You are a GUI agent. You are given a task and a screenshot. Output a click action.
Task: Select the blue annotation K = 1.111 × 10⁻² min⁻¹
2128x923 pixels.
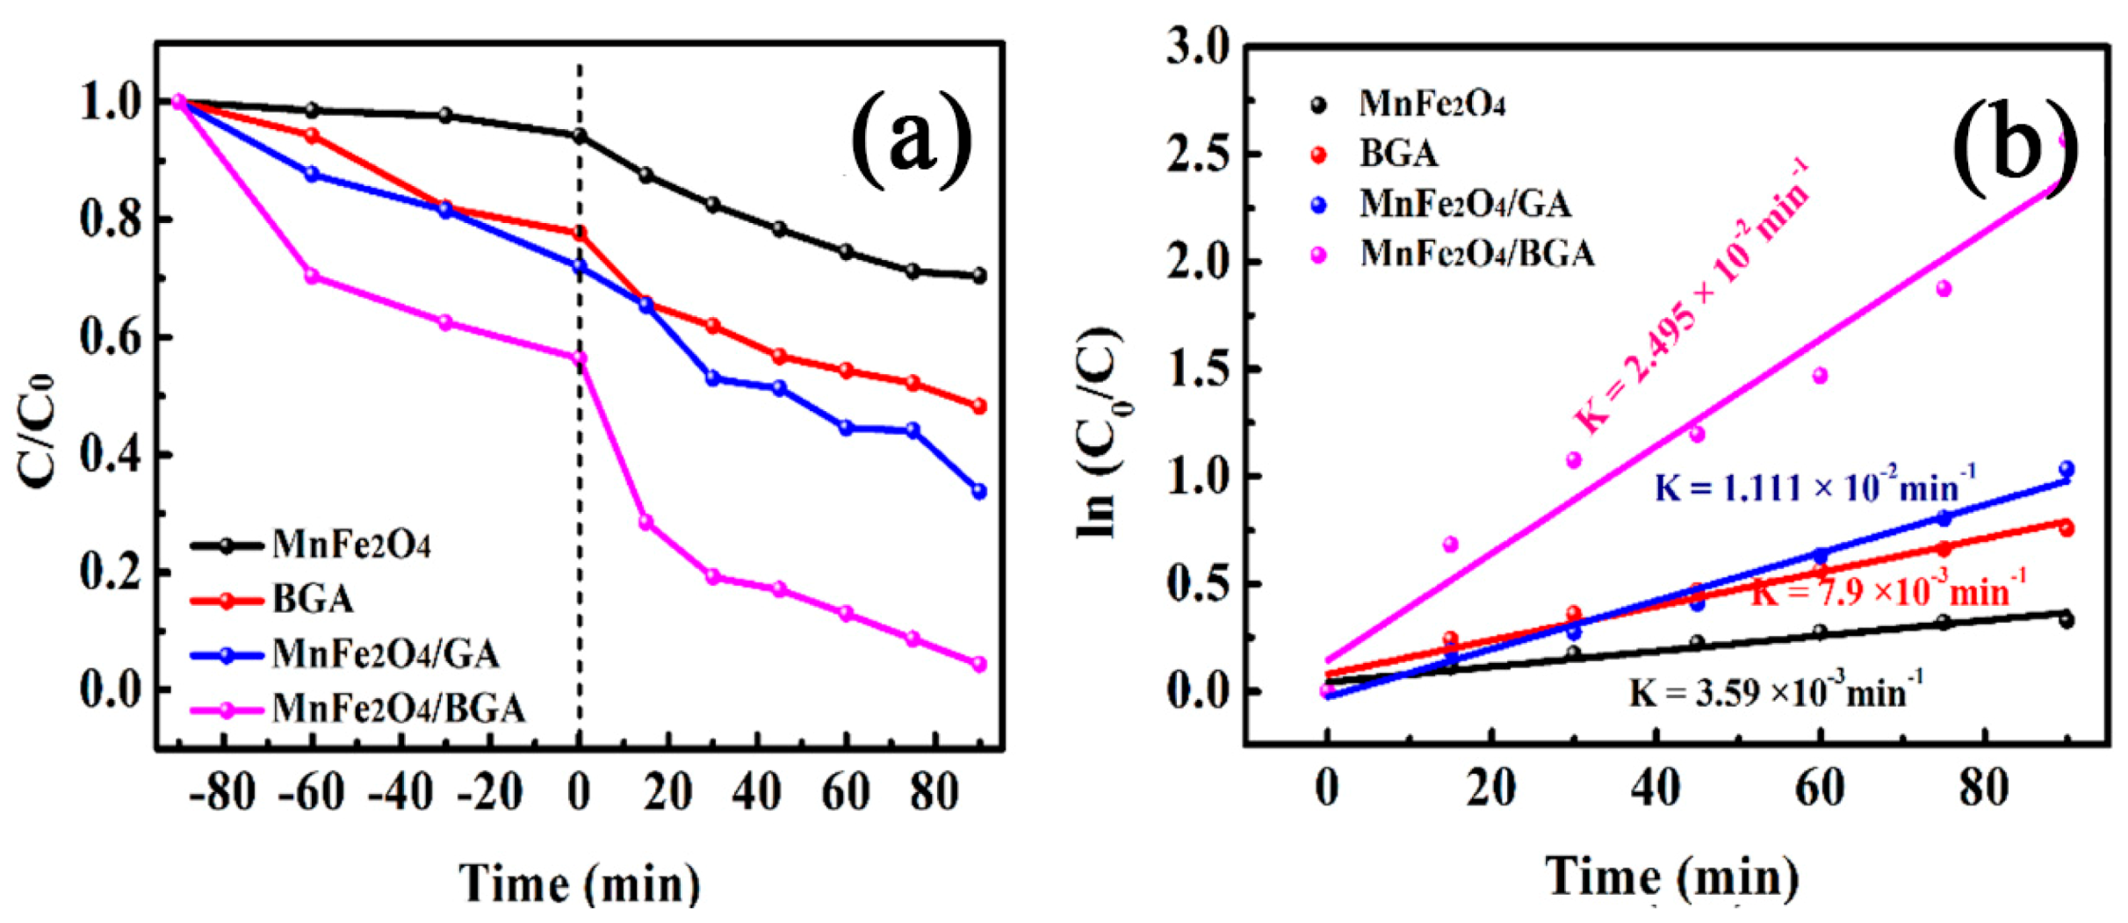[1814, 487]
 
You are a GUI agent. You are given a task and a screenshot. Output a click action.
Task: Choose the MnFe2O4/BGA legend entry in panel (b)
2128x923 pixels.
[1475, 255]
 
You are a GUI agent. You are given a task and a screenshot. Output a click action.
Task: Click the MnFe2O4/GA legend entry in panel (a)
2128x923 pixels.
[385, 655]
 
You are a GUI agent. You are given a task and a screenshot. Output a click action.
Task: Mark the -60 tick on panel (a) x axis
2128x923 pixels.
[313, 793]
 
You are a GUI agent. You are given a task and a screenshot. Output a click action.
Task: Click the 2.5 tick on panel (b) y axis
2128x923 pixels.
[1198, 155]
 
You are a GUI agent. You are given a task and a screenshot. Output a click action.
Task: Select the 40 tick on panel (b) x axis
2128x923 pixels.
[1656, 788]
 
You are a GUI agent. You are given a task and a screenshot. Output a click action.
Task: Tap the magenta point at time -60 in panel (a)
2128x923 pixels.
[312, 277]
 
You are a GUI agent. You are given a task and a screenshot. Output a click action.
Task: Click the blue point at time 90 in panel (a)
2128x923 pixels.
[979, 492]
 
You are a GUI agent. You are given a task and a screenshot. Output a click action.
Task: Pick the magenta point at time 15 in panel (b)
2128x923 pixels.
[1450, 544]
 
